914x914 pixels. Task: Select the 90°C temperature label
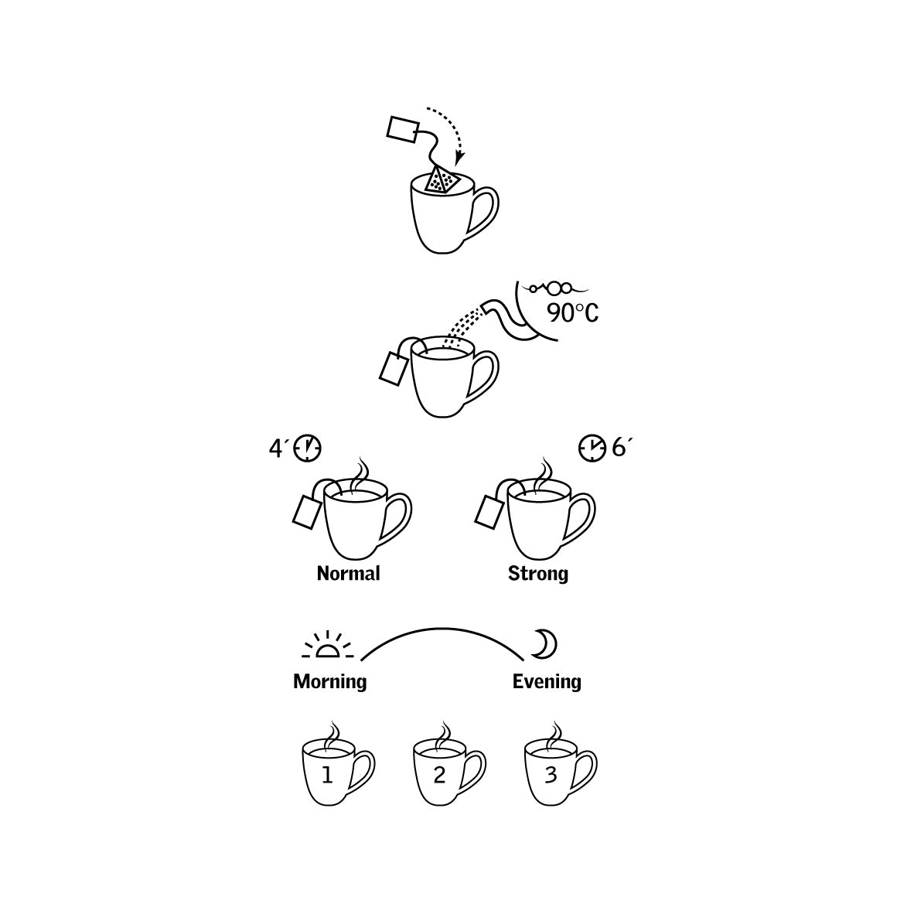[x=572, y=313]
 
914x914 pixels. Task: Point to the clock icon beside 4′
[x=307, y=448]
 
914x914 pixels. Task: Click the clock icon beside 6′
[x=592, y=448]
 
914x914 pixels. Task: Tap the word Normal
[x=349, y=574]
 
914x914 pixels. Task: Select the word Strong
[x=538, y=574]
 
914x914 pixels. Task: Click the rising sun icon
[x=328, y=645]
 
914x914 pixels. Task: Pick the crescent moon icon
[x=546, y=644]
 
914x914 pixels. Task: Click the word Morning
[x=330, y=681]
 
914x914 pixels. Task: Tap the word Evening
[x=547, y=681]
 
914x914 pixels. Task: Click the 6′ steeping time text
[x=622, y=448]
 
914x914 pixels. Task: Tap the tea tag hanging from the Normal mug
[x=307, y=511]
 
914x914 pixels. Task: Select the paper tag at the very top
[x=402, y=129]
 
